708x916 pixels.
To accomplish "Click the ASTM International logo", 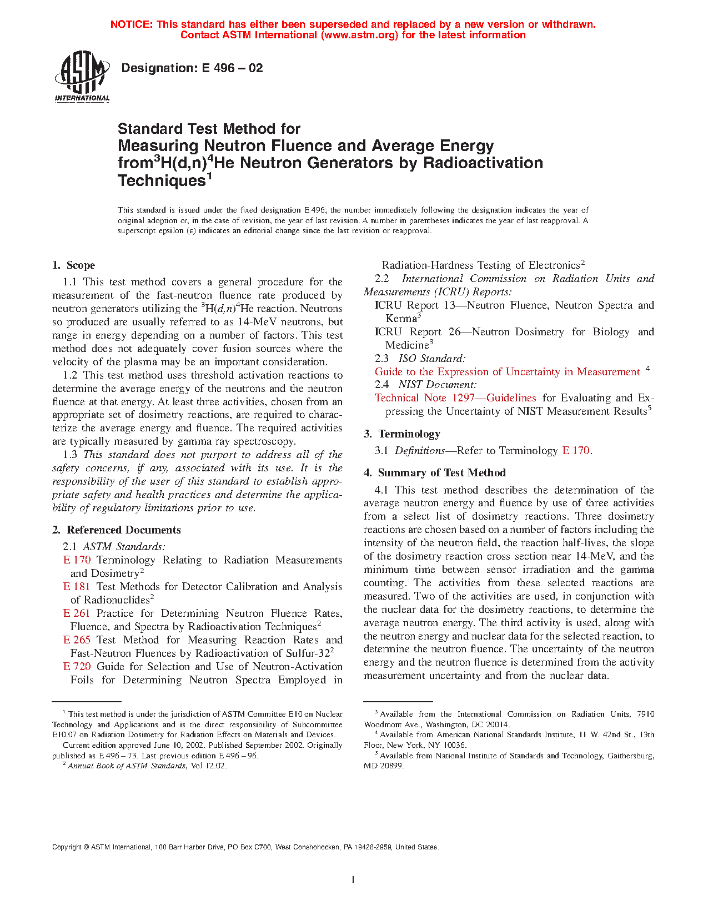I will [x=82, y=77].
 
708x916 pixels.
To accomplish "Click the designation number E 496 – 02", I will [x=192, y=68].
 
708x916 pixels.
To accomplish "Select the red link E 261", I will [x=77, y=613].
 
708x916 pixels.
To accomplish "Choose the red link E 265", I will [x=77, y=640].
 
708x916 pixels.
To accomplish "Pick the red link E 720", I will [x=77, y=667].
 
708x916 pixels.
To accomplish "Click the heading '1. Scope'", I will [x=74, y=265].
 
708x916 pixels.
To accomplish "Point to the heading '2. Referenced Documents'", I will [x=117, y=530].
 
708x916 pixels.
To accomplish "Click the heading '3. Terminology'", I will [x=402, y=434].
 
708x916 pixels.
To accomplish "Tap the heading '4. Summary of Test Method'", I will [x=435, y=473].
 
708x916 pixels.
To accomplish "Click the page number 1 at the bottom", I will [x=353, y=879].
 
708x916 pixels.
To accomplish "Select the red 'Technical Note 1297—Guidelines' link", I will [x=455, y=398].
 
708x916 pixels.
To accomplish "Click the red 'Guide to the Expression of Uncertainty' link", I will [x=507, y=372].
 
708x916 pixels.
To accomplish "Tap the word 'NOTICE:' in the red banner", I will [x=132, y=24].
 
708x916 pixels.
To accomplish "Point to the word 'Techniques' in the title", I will [x=162, y=181].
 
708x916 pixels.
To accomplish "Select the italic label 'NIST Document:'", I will [x=438, y=385].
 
